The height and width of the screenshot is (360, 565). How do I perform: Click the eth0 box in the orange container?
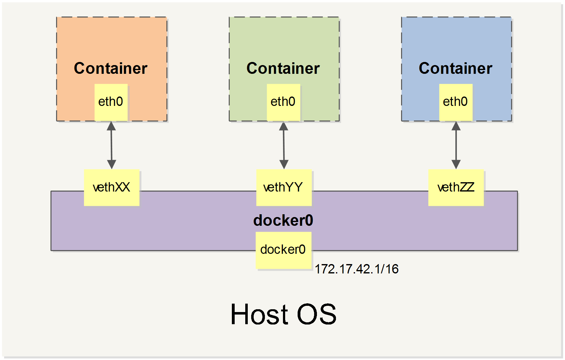[111, 102]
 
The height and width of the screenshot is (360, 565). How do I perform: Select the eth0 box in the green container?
[283, 102]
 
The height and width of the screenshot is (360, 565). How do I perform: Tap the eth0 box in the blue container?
[456, 102]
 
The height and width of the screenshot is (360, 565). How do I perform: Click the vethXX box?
[112, 187]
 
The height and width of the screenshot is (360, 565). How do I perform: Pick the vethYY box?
[284, 187]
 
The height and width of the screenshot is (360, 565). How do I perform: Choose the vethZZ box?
[456, 187]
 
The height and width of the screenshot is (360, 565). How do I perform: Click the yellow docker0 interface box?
[283, 250]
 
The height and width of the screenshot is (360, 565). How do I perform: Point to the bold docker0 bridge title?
[283, 220]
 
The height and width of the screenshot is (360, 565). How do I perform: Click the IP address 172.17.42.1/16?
[357, 269]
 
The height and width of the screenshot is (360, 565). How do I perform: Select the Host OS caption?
[283, 315]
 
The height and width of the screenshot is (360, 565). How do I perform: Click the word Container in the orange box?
[111, 68]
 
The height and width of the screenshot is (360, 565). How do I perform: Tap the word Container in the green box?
[283, 68]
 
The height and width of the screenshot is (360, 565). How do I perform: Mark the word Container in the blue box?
[455, 68]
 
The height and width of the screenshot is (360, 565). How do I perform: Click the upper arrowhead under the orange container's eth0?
[111, 126]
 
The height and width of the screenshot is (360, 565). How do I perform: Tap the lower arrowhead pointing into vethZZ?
[456, 164]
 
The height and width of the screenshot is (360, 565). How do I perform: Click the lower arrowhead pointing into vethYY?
[284, 164]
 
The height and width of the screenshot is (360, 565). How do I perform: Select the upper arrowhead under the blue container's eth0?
[456, 126]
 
